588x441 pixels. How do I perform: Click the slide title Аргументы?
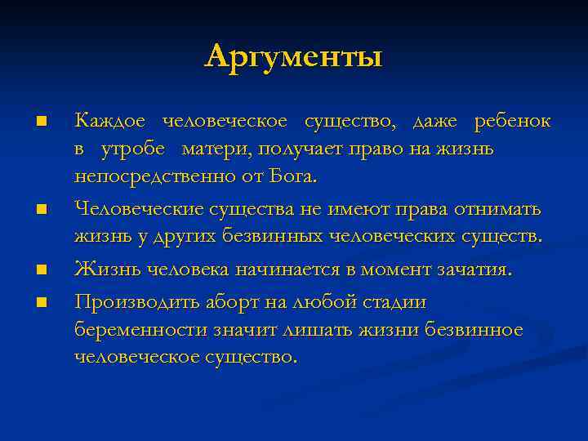pos(294,57)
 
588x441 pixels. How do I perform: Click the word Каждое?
pos(110,122)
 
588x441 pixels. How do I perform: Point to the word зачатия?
pos(473,269)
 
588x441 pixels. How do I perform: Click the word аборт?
pos(229,302)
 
